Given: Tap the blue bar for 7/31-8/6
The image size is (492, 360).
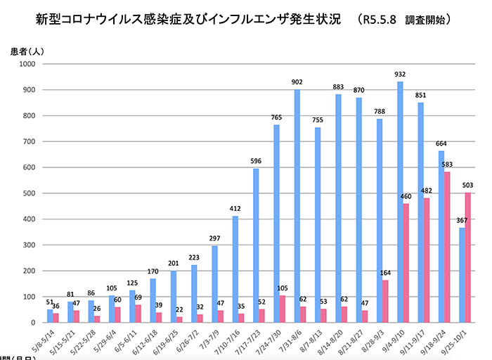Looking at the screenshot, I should pyautogui.click(x=297, y=206).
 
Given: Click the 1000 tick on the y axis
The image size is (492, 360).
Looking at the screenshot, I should pyautogui.click(x=27, y=64).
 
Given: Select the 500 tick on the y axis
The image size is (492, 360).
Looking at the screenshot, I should pyautogui.click(x=29, y=193).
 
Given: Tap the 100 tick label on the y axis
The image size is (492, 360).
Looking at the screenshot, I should pyautogui.click(x=29, y=297).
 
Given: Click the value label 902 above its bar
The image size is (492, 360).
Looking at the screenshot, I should pyautogui.click(x=297, y=82).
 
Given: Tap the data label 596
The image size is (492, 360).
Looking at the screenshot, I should pyautogui.click(x=256, y=161).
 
